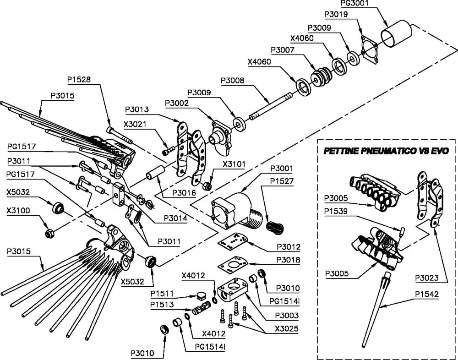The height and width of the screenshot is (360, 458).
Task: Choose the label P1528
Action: point(79,79)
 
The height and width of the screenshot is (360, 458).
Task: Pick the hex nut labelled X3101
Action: point(207,185)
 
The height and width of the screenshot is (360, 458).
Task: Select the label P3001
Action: point(282,169)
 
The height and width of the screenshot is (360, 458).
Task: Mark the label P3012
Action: point(289,247)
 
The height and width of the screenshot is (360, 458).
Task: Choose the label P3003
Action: point(288,316)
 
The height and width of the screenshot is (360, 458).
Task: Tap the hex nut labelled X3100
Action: point(49,233)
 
